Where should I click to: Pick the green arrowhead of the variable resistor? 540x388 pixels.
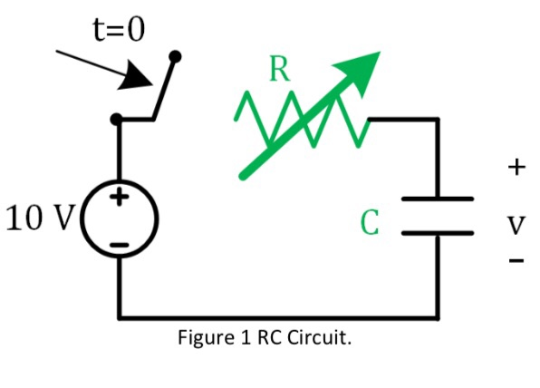pos(362,69)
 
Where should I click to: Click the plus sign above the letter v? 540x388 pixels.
pos(516,167)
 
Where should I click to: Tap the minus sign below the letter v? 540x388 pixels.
pos(516,263)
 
